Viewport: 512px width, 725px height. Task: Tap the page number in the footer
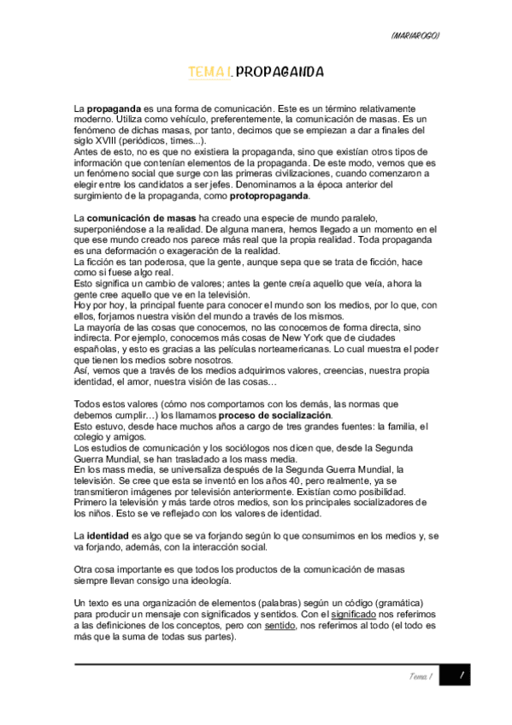point(462,675)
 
